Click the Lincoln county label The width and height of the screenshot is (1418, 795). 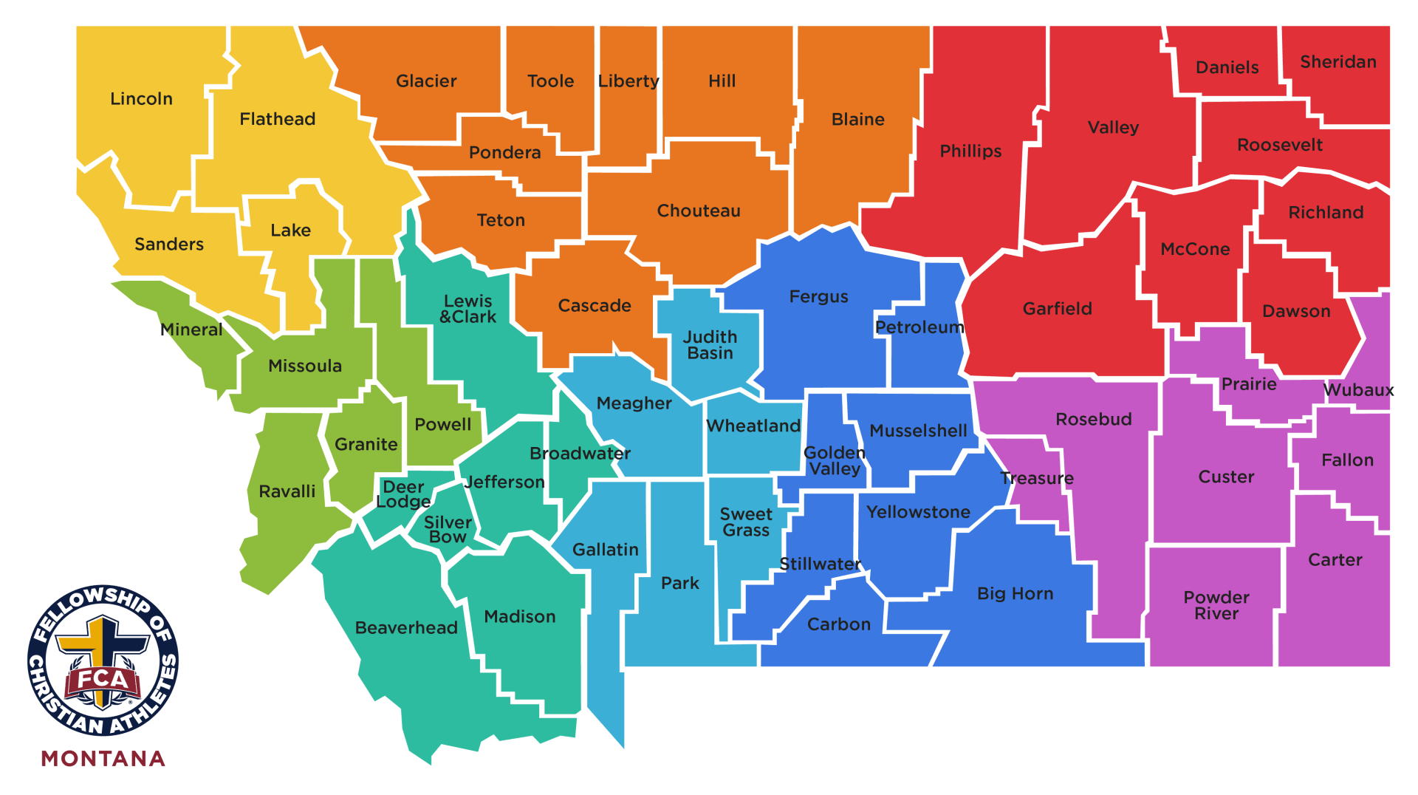[x=141, y=99]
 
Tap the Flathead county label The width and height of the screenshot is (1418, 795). [x=277, y=119]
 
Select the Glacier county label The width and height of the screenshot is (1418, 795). [x=426, y=81]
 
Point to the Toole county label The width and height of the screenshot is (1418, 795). [x=550, y=81]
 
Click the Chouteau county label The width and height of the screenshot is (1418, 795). [x=699, y=211]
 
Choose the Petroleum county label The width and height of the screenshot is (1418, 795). [x=919, y=327]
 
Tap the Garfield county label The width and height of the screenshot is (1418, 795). [x=1057, y=309]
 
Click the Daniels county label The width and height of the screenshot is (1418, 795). [x=1227, y=68]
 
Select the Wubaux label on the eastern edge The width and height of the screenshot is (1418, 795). [x=1358, y=390]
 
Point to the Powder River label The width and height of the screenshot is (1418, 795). [x=1216, y=605]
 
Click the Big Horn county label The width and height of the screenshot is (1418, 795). [x=1015, y=594]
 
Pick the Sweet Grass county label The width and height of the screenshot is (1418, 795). [x=746, y=522]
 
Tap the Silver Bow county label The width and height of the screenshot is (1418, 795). [x=448, y=530]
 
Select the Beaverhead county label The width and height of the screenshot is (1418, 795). [x=406, y=628]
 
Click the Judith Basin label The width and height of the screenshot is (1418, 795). [x=710, y=345]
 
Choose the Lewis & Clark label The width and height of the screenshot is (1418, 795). [x=467, y=309]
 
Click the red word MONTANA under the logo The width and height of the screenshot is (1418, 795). [x=103, y=759]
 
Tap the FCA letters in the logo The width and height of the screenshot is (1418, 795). [x=103, y=679]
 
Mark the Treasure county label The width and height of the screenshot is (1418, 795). [x=1036, y=479]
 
